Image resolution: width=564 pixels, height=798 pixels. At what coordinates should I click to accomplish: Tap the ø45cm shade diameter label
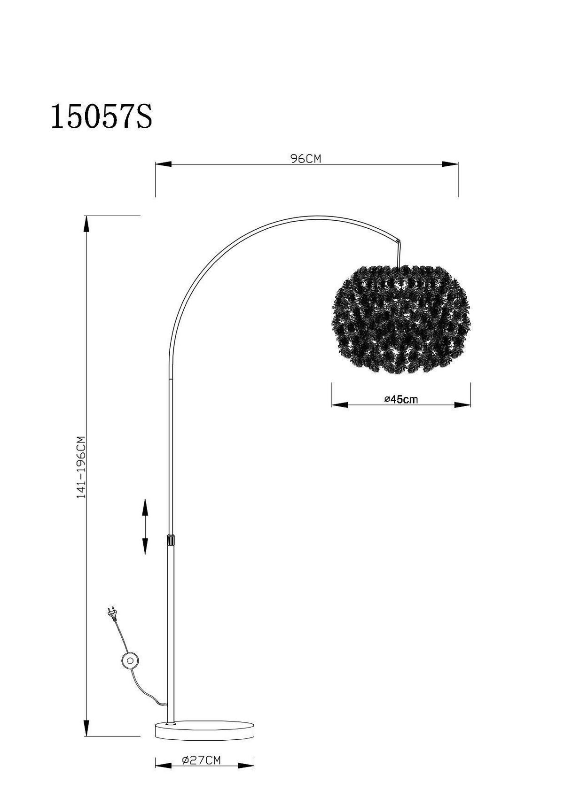click(401, 400)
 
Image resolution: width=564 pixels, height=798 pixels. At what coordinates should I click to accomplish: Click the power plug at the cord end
click(112, 613)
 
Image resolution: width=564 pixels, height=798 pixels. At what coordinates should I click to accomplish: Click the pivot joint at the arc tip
click(399, 241)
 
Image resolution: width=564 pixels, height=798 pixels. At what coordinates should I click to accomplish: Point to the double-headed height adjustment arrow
click(145, 527)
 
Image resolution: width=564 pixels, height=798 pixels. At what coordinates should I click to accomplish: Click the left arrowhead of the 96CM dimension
click(163, 164)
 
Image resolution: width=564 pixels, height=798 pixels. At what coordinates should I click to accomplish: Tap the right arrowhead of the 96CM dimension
click(450, 164)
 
